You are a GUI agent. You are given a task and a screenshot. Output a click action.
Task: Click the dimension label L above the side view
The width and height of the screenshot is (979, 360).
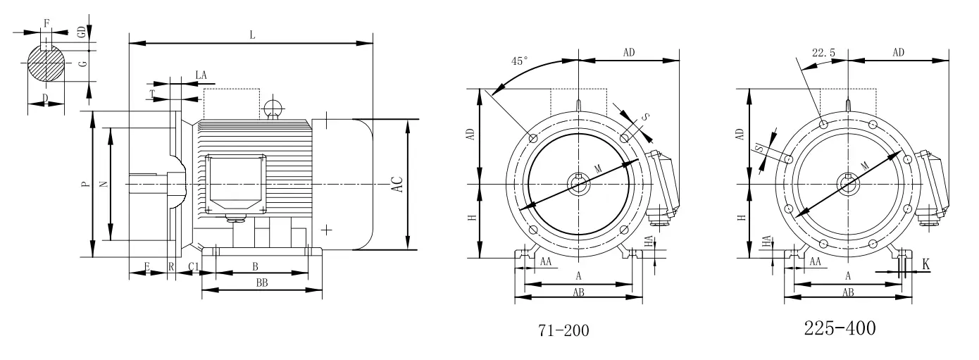(252, 35)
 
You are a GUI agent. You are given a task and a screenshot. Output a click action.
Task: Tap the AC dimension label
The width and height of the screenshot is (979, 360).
(397, 185)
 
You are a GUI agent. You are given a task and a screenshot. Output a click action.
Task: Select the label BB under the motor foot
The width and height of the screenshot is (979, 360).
(261, 283)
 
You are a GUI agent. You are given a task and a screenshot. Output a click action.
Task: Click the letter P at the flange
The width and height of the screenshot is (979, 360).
(85, 185)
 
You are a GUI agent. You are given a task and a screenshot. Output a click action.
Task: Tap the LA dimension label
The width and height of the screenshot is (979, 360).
(201, 74)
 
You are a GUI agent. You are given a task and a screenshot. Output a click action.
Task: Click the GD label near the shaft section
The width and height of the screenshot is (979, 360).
(82, 32)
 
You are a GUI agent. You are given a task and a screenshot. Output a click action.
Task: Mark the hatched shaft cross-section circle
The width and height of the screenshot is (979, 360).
(46, 63)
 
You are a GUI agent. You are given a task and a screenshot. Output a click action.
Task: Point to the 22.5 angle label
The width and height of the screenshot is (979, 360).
(823, 53)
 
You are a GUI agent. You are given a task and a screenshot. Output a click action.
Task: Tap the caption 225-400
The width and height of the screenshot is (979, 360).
(841, 328)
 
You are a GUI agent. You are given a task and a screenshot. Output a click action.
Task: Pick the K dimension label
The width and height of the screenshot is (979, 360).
(926, 264)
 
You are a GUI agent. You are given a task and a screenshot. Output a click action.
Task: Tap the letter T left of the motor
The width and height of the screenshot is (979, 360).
(152, 93)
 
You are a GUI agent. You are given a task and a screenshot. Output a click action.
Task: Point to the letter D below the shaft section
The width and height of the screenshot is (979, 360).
(45, 97)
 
